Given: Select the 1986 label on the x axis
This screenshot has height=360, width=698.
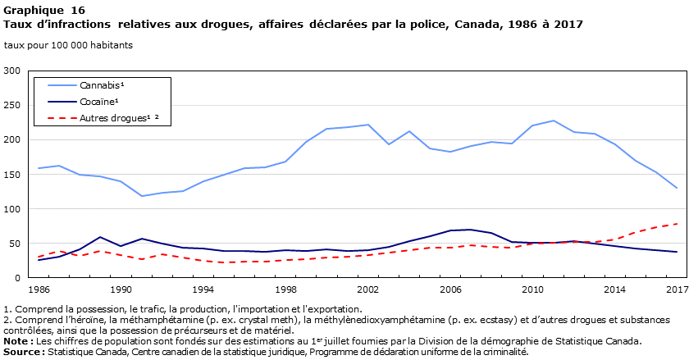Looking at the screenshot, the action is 39,289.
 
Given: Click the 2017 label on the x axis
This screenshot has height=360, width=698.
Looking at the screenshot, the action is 677,289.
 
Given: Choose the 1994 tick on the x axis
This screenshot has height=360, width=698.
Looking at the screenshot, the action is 203,289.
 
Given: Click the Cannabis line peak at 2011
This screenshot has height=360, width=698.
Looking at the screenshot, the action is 554,121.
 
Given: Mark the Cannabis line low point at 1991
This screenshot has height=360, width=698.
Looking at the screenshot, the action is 142,196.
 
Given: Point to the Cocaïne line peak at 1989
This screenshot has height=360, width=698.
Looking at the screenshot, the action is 101,237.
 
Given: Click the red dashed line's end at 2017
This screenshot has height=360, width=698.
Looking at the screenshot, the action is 677,224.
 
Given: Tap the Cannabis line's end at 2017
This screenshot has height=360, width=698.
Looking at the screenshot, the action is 677,188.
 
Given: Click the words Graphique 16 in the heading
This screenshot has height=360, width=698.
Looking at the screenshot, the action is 38,10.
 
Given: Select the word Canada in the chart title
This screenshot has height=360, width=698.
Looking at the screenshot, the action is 472,25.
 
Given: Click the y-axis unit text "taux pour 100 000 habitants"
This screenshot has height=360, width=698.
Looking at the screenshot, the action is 68,45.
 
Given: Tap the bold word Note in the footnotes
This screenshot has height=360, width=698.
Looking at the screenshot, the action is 17,342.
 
